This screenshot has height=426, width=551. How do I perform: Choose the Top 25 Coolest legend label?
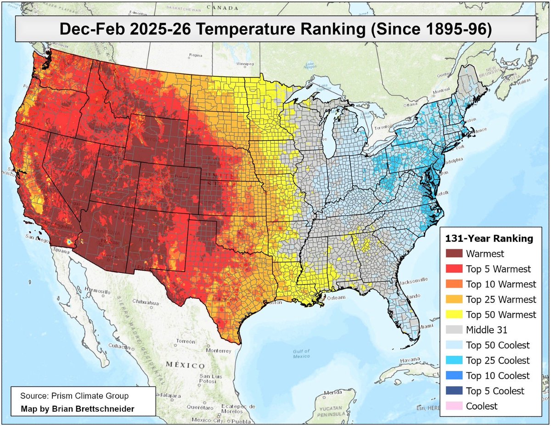tap(497, 360)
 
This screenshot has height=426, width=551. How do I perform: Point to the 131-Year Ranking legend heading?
tap(489, 239)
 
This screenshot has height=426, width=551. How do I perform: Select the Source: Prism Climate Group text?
tap(74, 396)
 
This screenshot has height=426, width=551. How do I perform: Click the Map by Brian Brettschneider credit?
tap(78, 409)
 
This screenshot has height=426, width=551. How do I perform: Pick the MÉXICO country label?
tap(186, 365)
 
